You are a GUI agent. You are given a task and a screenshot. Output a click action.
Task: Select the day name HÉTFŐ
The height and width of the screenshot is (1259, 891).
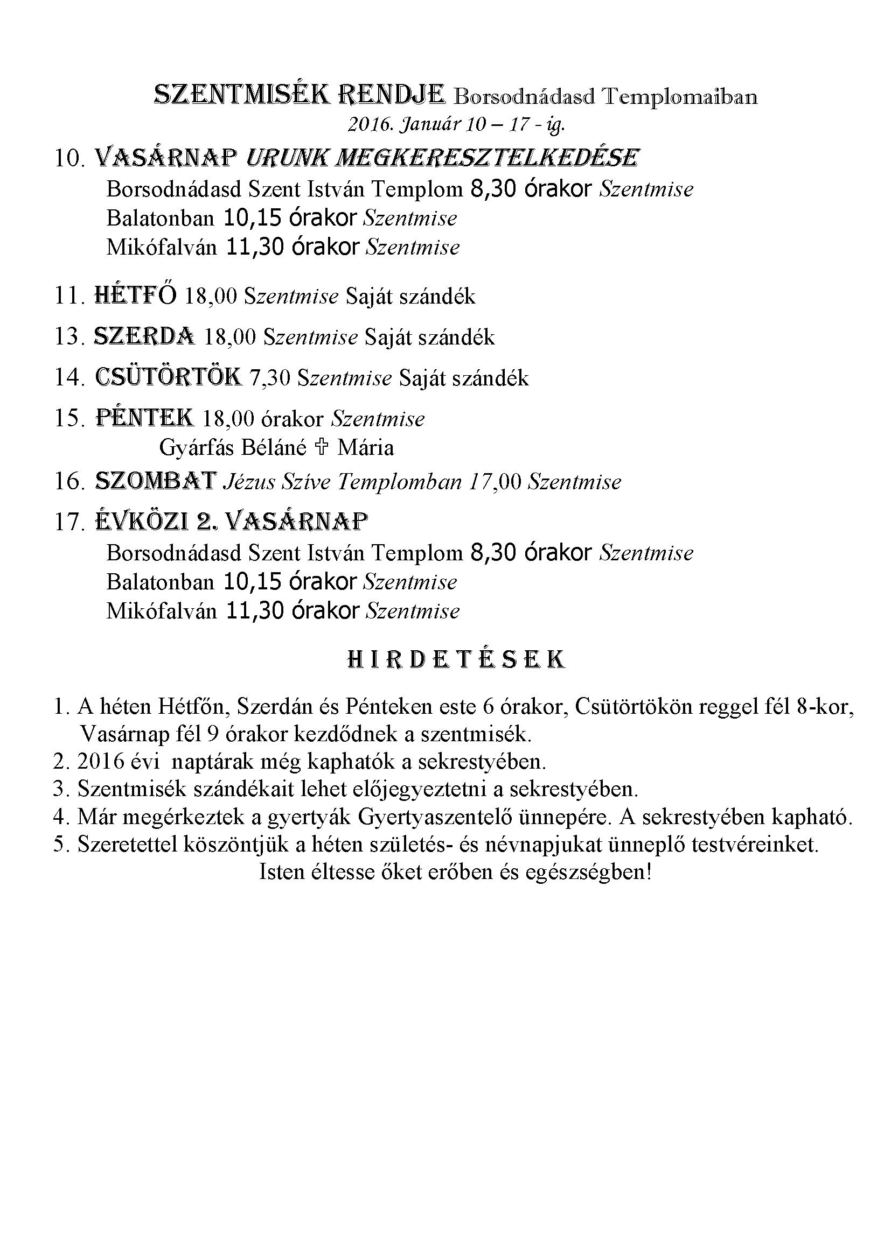tap(136, 296)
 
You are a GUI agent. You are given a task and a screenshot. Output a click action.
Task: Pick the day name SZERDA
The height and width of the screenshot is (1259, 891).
tap(144, 336)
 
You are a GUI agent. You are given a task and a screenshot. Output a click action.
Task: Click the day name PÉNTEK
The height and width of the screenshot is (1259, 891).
tap(144, 418)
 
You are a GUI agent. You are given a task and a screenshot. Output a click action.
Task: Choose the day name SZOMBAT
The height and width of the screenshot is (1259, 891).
tap(156, 481)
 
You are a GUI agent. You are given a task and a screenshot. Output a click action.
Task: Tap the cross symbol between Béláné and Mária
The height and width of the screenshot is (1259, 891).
tap(322, 447)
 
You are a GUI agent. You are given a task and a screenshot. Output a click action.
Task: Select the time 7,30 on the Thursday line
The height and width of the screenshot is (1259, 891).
tap(269, 378)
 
